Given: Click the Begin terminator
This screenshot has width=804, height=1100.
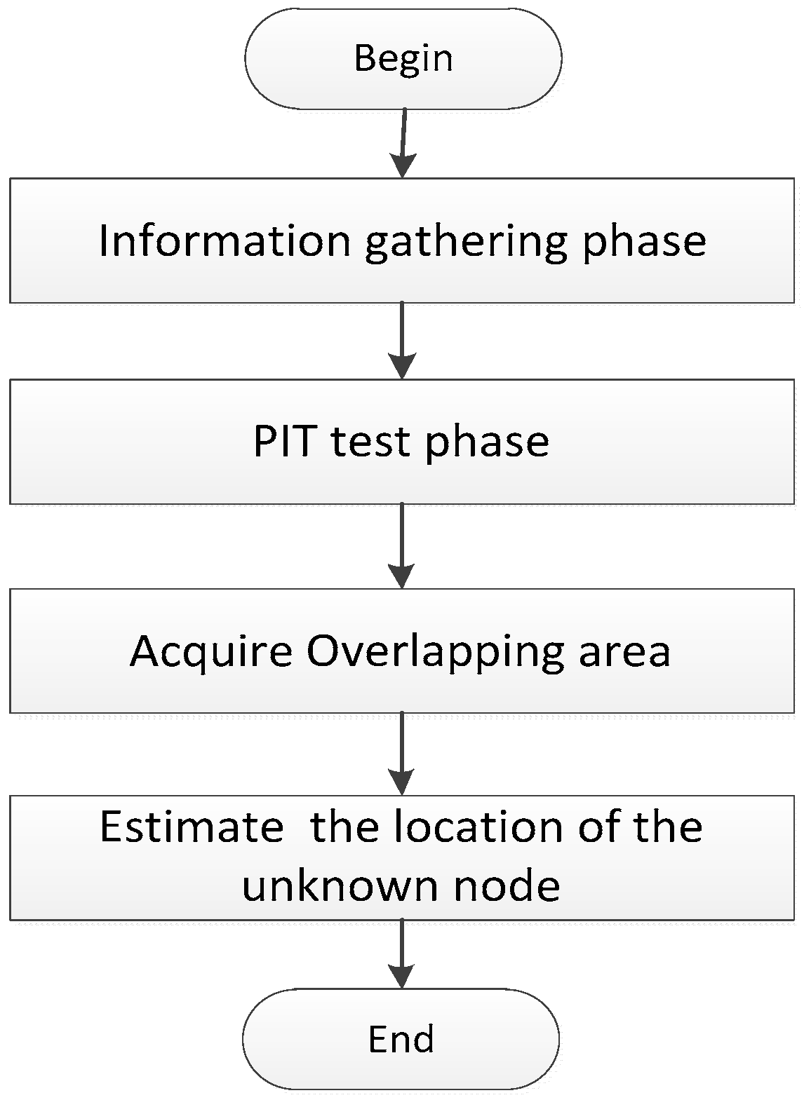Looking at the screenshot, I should click(403, 59).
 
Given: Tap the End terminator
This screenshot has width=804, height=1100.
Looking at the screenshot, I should click(401, 1039).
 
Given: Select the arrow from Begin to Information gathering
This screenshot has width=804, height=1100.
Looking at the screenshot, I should click(403, 143).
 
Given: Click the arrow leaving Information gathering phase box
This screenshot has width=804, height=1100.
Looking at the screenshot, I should click(401, 341).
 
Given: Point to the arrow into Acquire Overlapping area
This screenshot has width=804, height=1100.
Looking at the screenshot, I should click(401, 546).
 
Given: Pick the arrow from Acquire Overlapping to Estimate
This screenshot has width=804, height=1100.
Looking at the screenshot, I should click(401, 754).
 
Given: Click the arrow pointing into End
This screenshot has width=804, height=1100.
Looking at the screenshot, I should click(401, 954).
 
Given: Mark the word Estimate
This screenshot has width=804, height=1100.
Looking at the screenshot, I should click(192, 827).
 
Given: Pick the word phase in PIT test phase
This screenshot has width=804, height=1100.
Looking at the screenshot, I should click(487, 442).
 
